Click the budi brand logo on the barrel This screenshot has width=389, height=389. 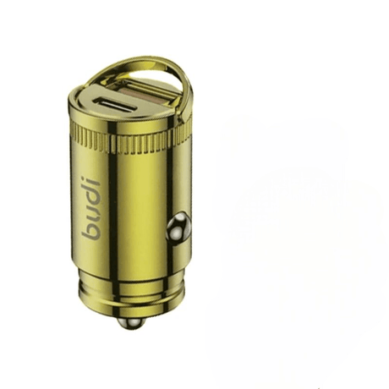click(x=91, y=207)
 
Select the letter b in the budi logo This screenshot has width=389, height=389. click(x=91, y=231)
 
